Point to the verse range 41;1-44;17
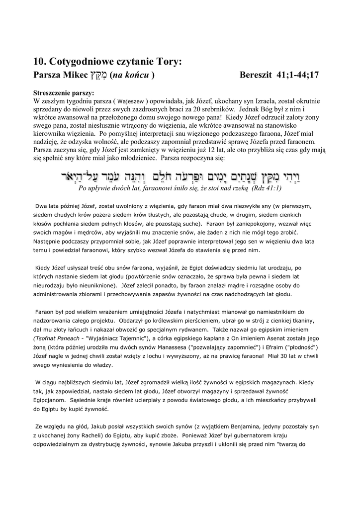tap(296, 75)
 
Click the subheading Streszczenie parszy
tap(64, 93)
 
